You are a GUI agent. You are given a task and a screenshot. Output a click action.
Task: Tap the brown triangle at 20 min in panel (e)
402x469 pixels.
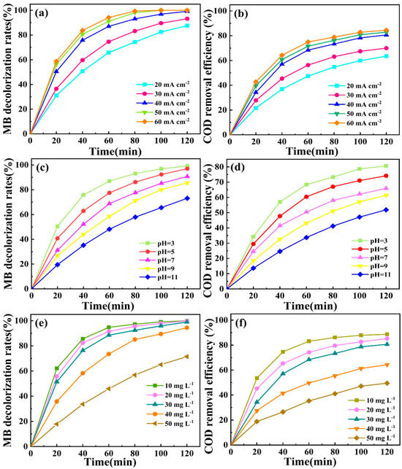[56, 423]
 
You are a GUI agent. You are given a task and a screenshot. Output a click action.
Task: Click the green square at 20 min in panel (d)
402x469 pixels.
[254, 237]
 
